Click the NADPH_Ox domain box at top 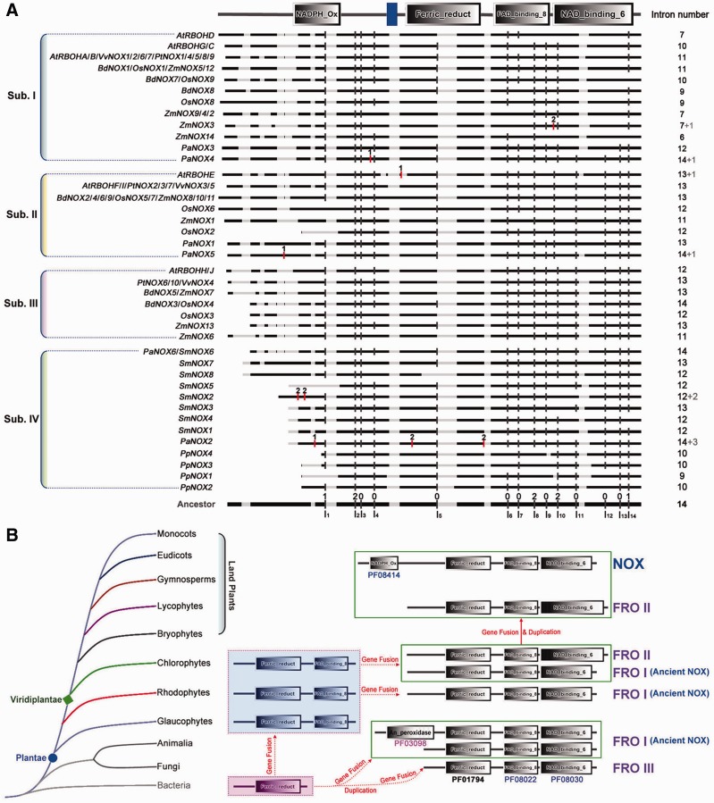315,13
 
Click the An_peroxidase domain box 411,732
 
